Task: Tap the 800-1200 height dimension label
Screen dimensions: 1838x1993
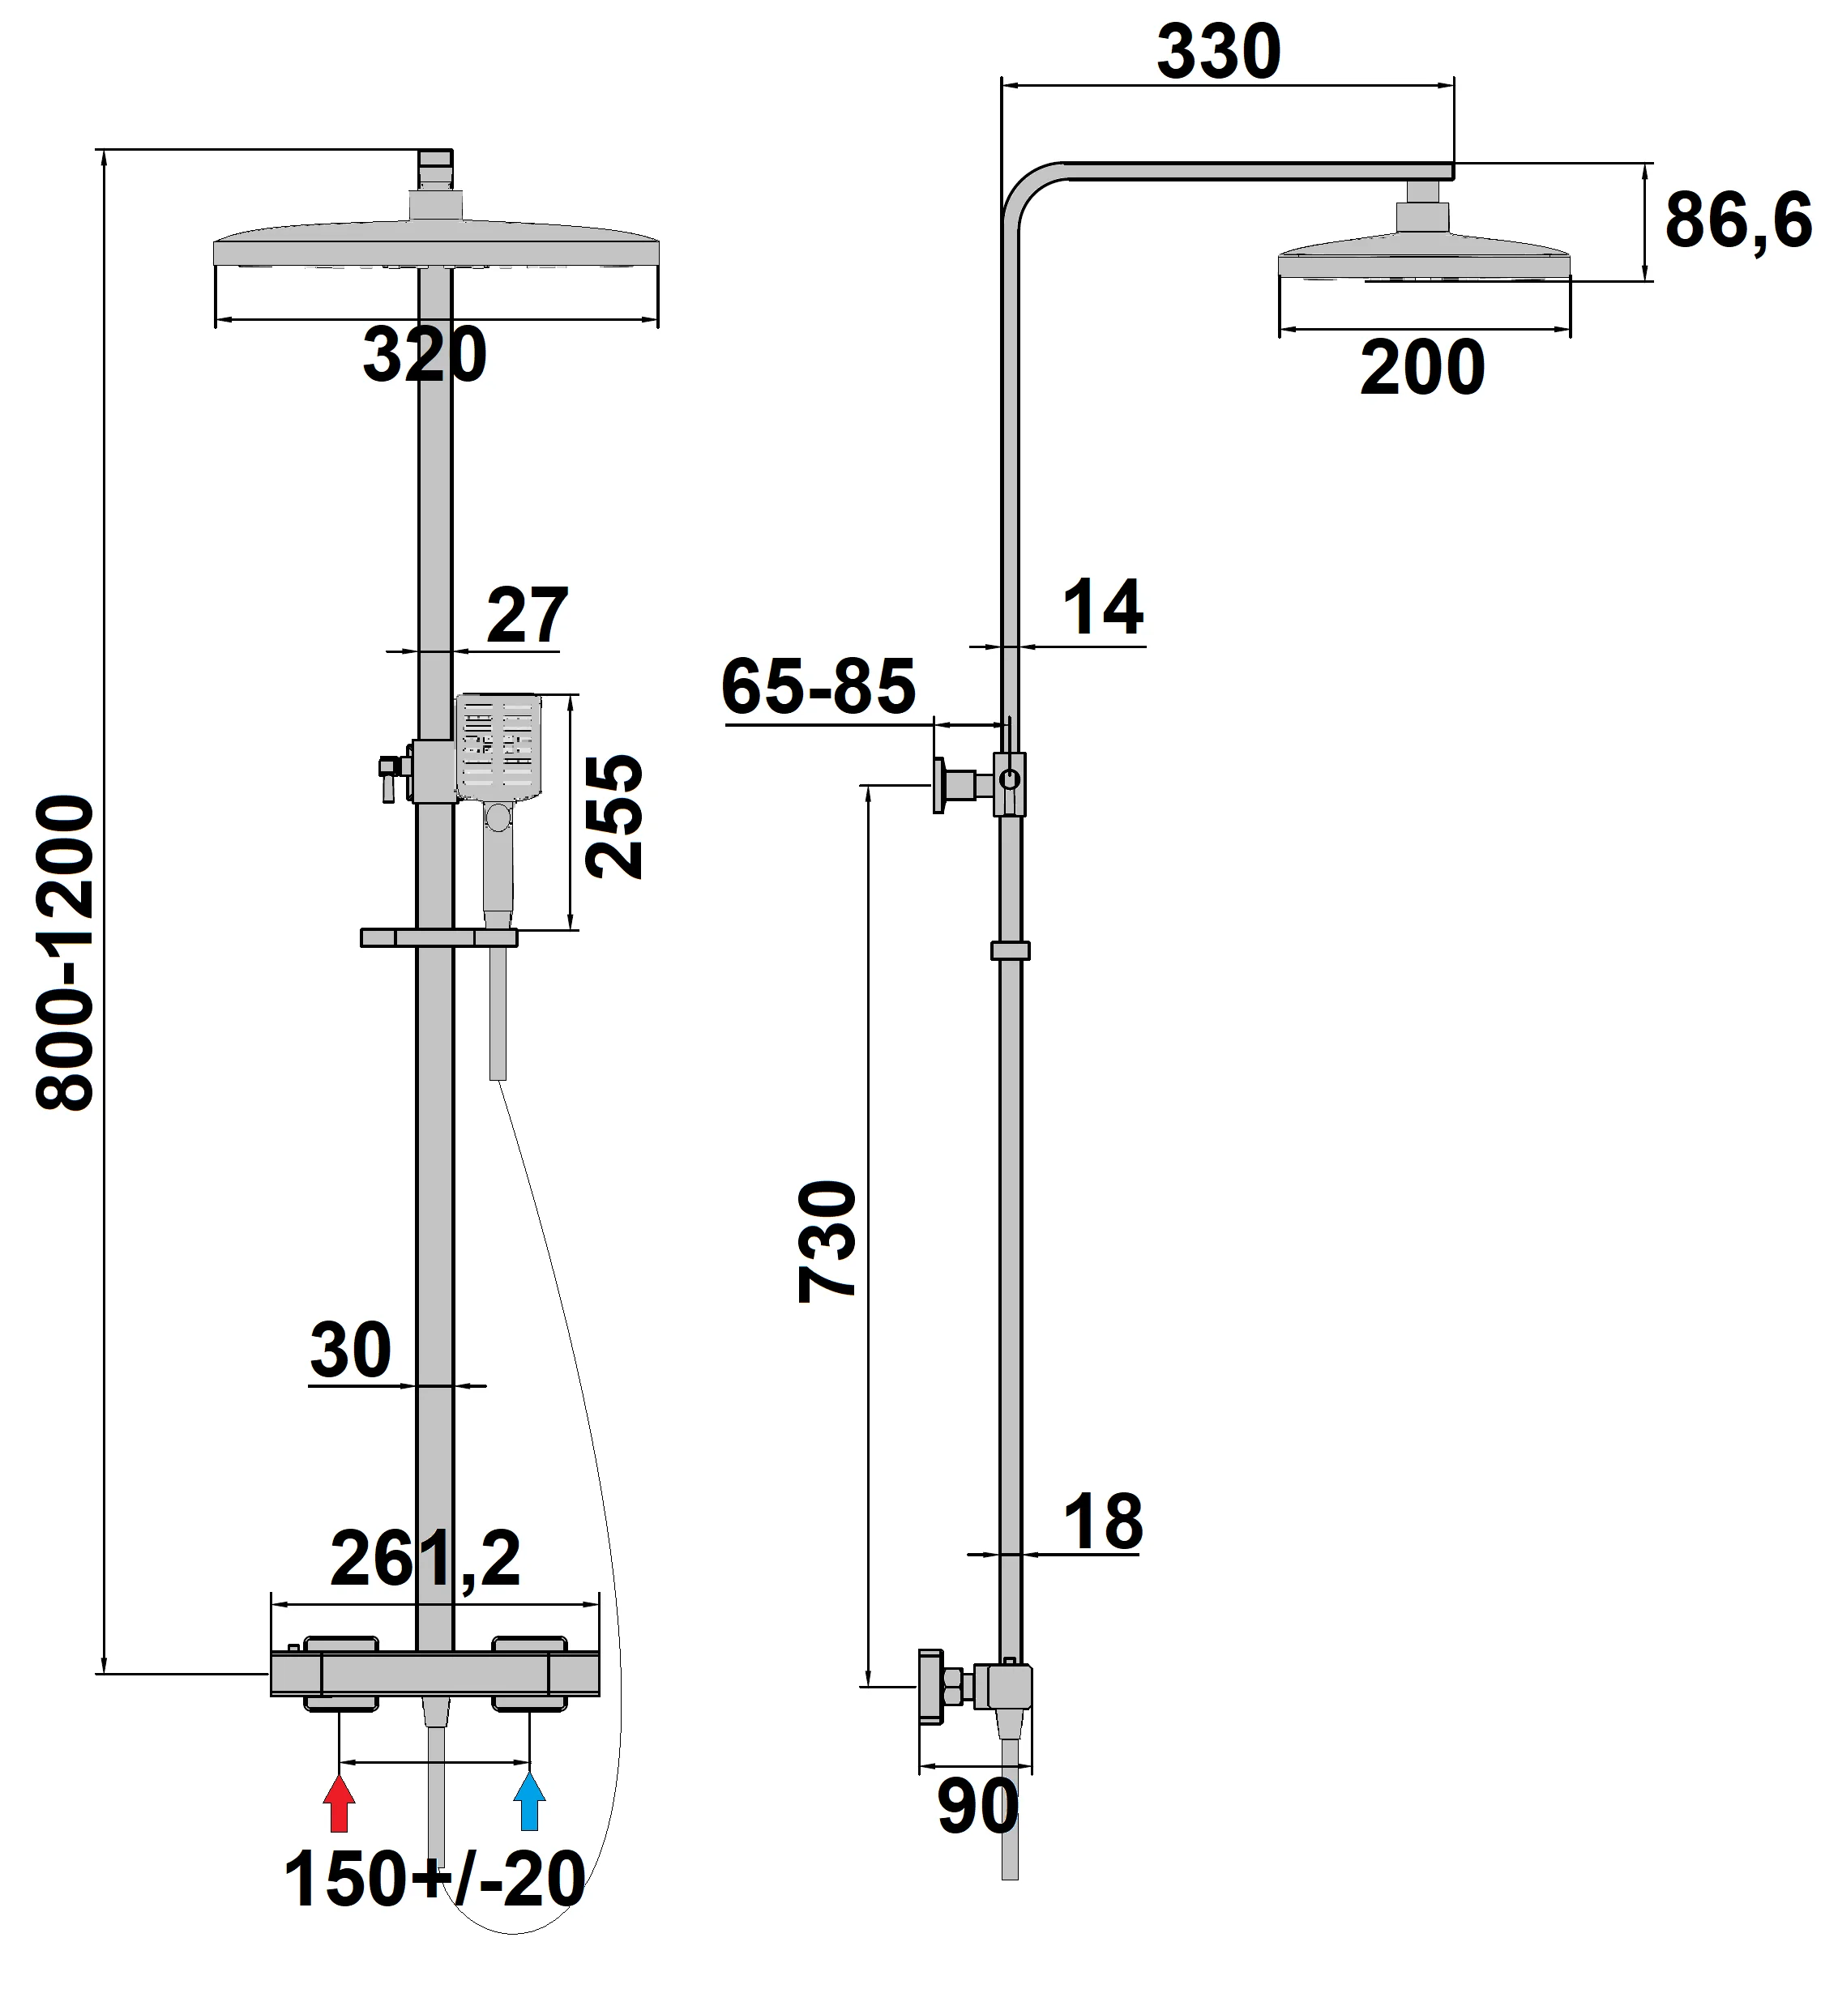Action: [65, 953]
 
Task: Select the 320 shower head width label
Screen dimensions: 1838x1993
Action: [425, 355]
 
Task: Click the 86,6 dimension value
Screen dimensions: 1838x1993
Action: [1738, 221]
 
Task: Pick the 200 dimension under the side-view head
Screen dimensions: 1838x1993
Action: [1422, 369]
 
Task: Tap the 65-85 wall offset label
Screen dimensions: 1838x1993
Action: [818, 686]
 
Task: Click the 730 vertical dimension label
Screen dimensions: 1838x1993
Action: [827, 1240]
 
